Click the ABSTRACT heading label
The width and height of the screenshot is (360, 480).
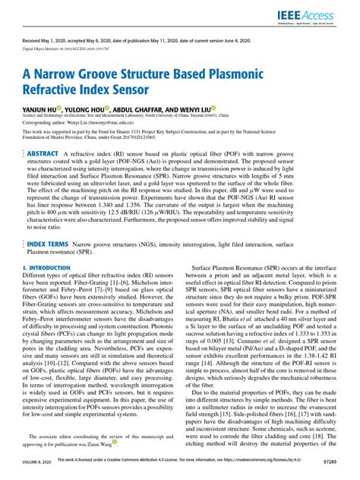point(43,153)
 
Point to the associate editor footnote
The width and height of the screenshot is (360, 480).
point(99,440)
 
